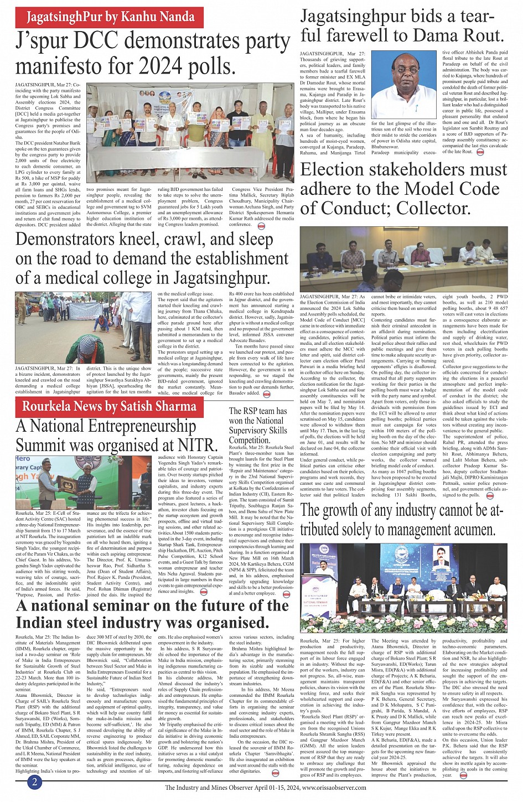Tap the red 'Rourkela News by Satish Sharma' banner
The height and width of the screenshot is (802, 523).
(109, 407)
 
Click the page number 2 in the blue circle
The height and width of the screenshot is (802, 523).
(34, 782)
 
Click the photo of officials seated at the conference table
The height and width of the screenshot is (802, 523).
(403, 259)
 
